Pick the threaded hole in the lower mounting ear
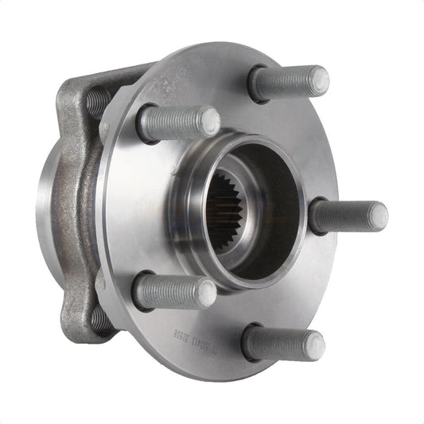coord(99,319)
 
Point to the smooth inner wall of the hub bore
coord(266,199)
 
